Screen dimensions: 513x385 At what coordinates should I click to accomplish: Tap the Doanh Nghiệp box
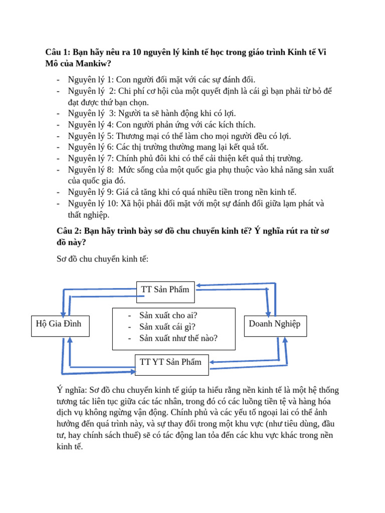[275, 326]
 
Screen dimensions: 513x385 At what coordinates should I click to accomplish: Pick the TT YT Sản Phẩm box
[171, 364]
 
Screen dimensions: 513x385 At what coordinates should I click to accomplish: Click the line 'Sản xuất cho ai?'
[168, 315]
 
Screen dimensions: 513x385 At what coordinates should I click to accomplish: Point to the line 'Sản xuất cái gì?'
[167, 327]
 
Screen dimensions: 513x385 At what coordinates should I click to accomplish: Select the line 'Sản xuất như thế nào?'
[178, 338]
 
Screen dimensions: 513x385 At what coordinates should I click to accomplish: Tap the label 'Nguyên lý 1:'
[91, 80]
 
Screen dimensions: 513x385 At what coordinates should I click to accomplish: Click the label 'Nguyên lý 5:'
[91, 136]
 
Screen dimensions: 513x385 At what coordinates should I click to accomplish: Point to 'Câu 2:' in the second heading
[70, 231]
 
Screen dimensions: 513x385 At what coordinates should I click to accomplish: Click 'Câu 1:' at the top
[58, 52]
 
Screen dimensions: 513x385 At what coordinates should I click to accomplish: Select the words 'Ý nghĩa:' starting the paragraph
[72, 390]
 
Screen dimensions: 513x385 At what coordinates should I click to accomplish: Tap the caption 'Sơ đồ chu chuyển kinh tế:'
[103, 259]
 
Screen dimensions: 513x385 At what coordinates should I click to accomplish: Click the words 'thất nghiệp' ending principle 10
[88, 214]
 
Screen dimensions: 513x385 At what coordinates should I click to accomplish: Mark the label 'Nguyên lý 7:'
[91, 158]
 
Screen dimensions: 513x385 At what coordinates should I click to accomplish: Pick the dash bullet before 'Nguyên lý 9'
[59, 192]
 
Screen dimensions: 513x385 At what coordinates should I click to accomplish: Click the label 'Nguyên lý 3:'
[92, 113]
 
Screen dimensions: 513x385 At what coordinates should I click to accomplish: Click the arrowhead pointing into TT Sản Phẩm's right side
[199, 286]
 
